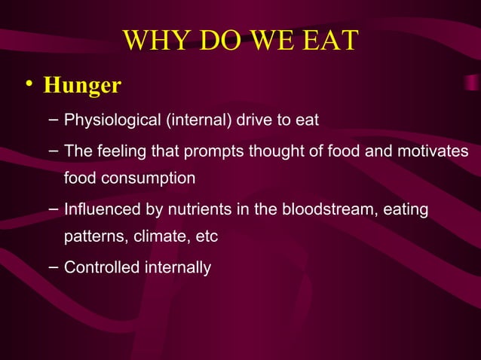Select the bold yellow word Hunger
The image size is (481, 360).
point(82,85)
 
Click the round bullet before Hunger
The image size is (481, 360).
point(27,84)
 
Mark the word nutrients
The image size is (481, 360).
point(185,209)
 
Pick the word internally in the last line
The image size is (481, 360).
point(176,267)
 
